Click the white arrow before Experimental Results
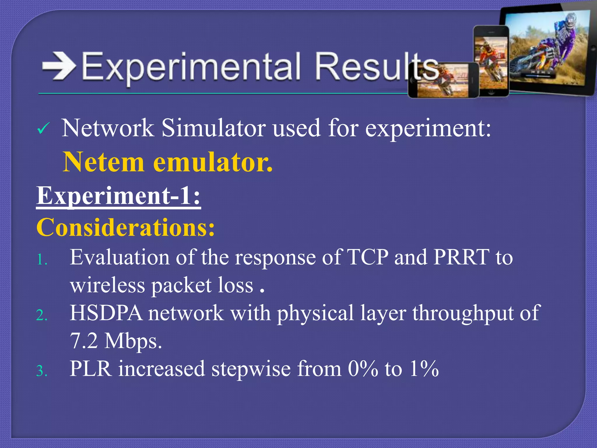59,66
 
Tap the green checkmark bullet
44,129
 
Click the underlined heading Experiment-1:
118,196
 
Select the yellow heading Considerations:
126,228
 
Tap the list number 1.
42,259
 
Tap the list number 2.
42,315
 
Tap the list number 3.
42,371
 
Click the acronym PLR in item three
91,369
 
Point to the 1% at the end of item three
424,369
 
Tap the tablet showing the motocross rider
548,50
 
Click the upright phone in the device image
491,61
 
